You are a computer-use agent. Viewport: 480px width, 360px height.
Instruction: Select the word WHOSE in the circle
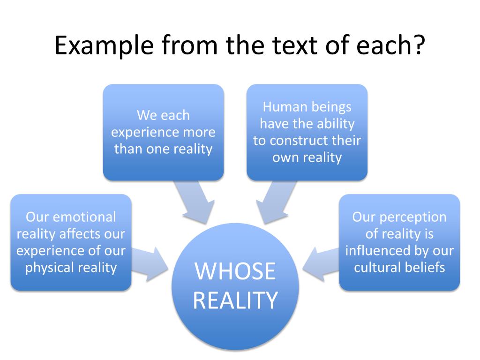pyautogui.click(x=235, y=271)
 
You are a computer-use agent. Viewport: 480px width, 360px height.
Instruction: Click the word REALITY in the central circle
pyautogui.click(x=235, y=300)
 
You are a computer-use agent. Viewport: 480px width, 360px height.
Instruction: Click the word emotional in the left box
pyautogui.click(x=85, y=217)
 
